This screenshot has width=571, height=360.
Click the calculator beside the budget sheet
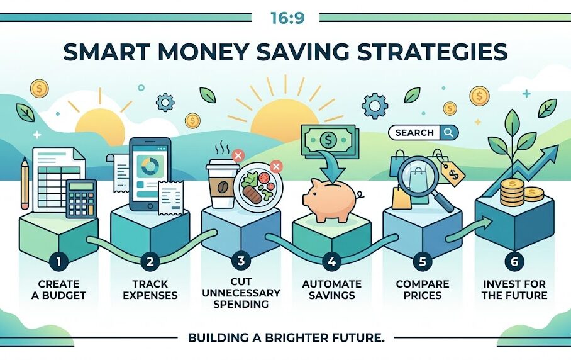tap(80, 196)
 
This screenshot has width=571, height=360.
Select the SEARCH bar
tap(423, 133)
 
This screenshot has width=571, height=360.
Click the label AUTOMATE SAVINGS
tap(331, 290)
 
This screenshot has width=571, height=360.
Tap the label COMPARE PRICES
tap(422, 290)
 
